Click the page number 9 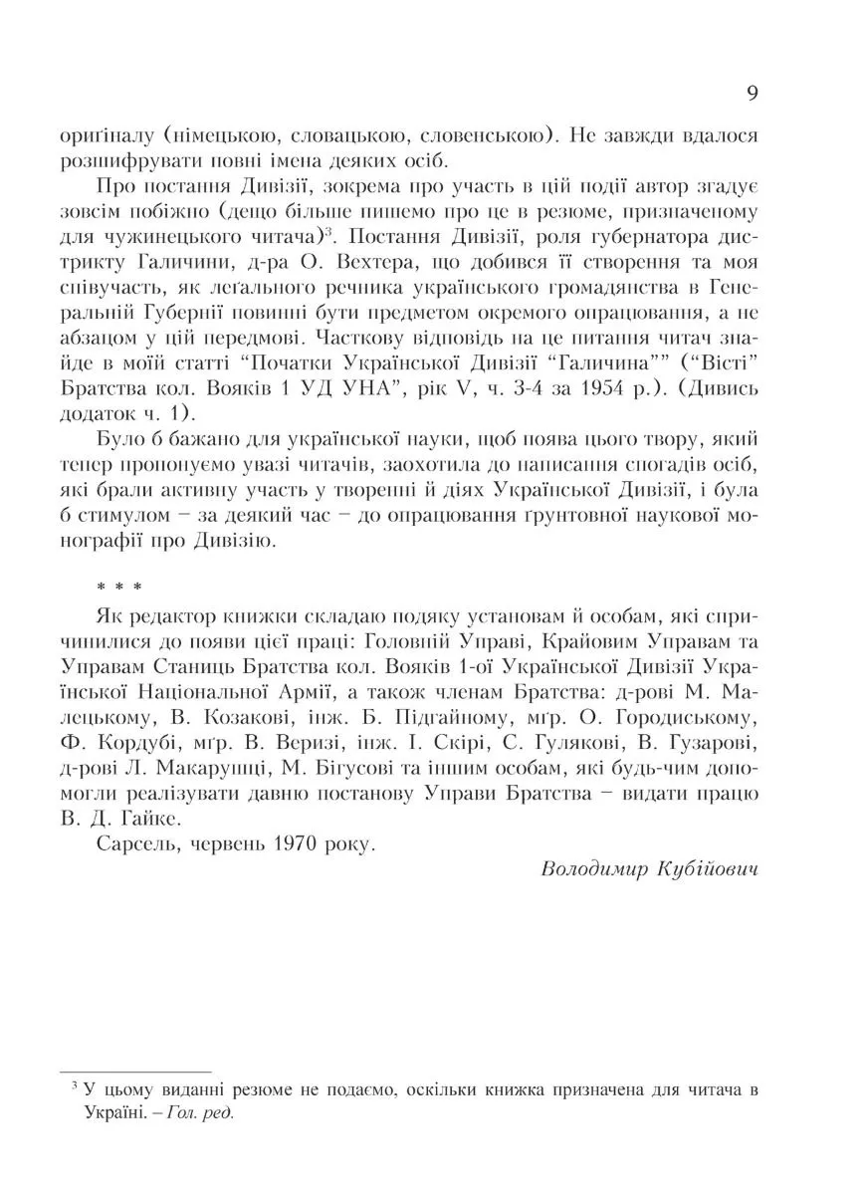(x=753, y=94)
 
